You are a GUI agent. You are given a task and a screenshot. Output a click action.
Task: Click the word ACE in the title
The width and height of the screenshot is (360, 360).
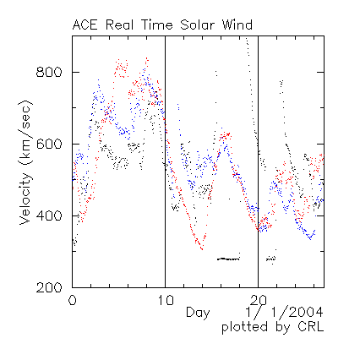(85, 25)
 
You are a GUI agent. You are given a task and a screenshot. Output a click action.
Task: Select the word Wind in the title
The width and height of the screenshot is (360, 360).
(237, 25)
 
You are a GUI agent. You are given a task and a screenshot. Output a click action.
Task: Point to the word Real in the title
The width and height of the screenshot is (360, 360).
(119, 25)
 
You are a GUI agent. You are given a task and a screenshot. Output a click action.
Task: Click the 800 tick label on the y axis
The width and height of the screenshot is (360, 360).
(49, 73)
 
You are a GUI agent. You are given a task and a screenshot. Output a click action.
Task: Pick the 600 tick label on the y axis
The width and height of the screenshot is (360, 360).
(49, 145)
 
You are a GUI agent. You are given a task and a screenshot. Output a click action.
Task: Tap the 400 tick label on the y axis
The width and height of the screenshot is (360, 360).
(49, 216)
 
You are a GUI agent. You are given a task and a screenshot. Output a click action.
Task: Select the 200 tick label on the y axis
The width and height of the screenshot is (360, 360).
(49, 287)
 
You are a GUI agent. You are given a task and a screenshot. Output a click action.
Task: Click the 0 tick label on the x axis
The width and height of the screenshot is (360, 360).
(73, 301)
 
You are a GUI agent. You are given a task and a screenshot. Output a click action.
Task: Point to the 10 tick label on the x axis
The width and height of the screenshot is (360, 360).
(166, 301)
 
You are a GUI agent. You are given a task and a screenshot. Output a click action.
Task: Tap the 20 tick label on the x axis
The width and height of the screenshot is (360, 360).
(259, 301)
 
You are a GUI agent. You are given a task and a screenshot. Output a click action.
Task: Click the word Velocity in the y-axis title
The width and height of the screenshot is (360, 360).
(25, 199)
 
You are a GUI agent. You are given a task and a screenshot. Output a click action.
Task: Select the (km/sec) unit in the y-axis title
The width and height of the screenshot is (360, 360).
(25, 133)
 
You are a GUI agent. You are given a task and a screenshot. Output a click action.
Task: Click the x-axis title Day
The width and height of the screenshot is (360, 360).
(198, 314)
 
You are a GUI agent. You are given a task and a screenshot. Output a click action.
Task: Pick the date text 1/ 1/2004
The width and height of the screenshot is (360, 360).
(285, 313)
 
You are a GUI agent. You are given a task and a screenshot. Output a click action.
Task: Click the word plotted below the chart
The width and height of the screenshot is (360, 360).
(244, 328)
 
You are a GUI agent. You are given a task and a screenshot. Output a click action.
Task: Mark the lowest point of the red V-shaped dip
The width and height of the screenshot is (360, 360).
(202, 249)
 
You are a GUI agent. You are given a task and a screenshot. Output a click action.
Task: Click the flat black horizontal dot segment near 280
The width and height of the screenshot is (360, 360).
(228, 259)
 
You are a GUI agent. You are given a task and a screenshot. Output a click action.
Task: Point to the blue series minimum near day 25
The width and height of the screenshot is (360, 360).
(310, 239)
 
